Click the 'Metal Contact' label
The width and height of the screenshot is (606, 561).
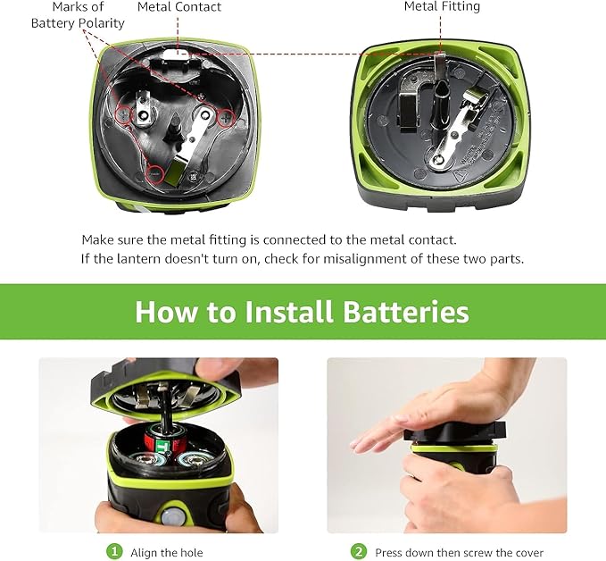pyautogui.click(x=179, y=7)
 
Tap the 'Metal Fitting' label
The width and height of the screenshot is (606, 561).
pyautogui.click(x=441, y=6)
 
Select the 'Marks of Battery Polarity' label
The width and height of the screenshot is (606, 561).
pyautogui.click(x=78, y=15)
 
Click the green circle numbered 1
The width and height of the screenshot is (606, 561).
pyautogui.click(x=114, y=551)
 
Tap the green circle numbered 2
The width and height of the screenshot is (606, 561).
pyautogui.click(x=358, y=551)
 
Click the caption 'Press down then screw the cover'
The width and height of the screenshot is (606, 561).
pyautogui.click(x=459, y=552)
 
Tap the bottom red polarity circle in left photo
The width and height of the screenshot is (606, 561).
pyautogui.click(x=155, y=174)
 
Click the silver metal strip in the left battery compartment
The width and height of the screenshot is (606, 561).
pyautogui.click(x=194, y=145)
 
